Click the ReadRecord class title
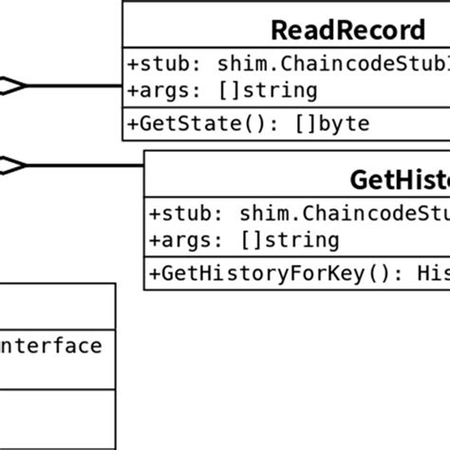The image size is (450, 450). click(x=347, y=29)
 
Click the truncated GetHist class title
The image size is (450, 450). click(x=399, y=179)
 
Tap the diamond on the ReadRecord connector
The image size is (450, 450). click(x=13, y=86)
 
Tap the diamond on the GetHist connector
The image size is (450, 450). click(x=13, y=166)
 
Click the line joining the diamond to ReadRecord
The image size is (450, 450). click(x=76, y=86)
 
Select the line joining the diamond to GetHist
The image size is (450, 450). click(x=85, y=166)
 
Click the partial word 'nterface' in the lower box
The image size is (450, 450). click(x=52, y=346)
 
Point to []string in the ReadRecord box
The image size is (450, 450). click(x=280, y=90)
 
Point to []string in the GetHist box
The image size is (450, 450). click(x=302, y=239)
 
